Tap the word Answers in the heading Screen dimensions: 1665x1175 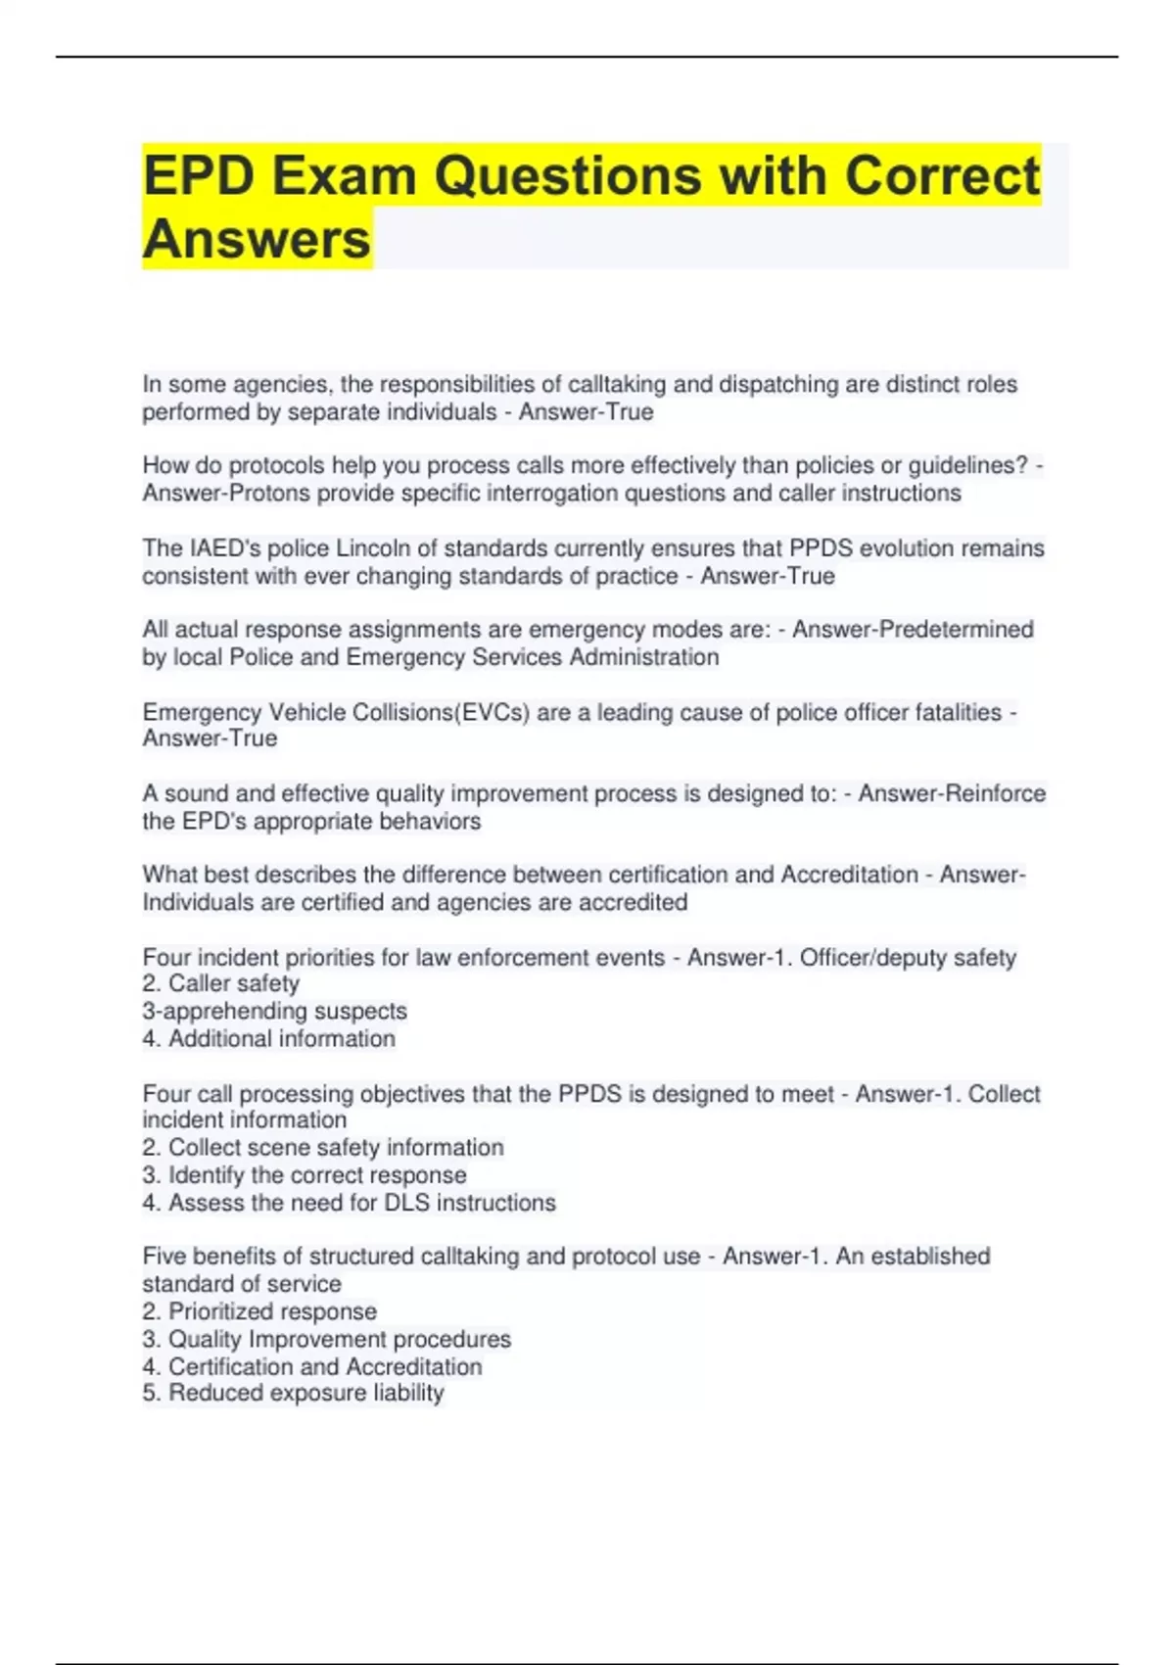(257, 239)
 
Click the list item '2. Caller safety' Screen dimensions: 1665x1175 (221, 983)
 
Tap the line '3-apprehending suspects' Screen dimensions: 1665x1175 (274, 1011)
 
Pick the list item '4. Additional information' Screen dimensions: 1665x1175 (268, 1038)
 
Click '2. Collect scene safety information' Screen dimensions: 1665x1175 (323, 1147)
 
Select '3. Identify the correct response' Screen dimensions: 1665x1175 (305, 1174)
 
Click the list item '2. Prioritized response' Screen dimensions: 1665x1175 (259, 1310)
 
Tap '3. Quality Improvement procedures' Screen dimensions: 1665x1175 (326, 1339)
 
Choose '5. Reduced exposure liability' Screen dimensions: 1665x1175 (293, 1393)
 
